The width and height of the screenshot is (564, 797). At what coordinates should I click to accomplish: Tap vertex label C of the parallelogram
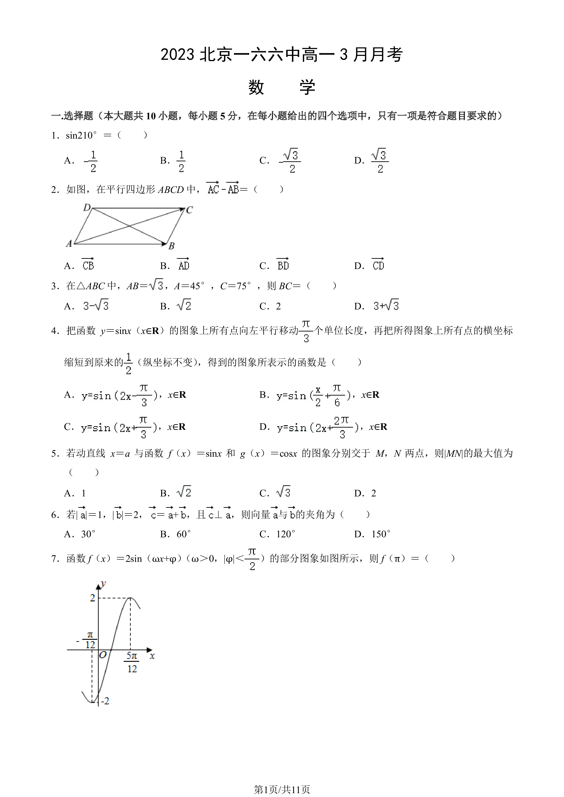(x=189, y=210)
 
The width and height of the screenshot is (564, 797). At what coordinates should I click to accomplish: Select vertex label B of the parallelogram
(x=171, y=246)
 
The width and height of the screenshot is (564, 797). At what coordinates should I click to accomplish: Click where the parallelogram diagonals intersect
(x=129, y=226)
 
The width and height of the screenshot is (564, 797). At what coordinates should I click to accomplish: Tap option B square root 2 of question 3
(x=176, y=306)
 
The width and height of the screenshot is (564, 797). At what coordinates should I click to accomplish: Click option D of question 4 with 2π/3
(x=323, y=427)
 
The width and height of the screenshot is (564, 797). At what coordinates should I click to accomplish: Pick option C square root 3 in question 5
(x=275, y=493)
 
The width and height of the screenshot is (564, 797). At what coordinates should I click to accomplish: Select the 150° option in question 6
(x=372, y=534)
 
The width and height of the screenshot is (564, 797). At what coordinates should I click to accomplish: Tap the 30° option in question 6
(x=80, y=534)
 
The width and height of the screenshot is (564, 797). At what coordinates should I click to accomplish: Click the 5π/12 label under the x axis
(x=132, y=662)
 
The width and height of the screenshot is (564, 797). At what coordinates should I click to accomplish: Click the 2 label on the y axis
(x=92, y=598)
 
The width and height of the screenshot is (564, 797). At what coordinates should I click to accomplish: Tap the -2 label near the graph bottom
(x=105, y=701)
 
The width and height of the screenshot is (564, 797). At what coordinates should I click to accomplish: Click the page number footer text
(x=282, y=790)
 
